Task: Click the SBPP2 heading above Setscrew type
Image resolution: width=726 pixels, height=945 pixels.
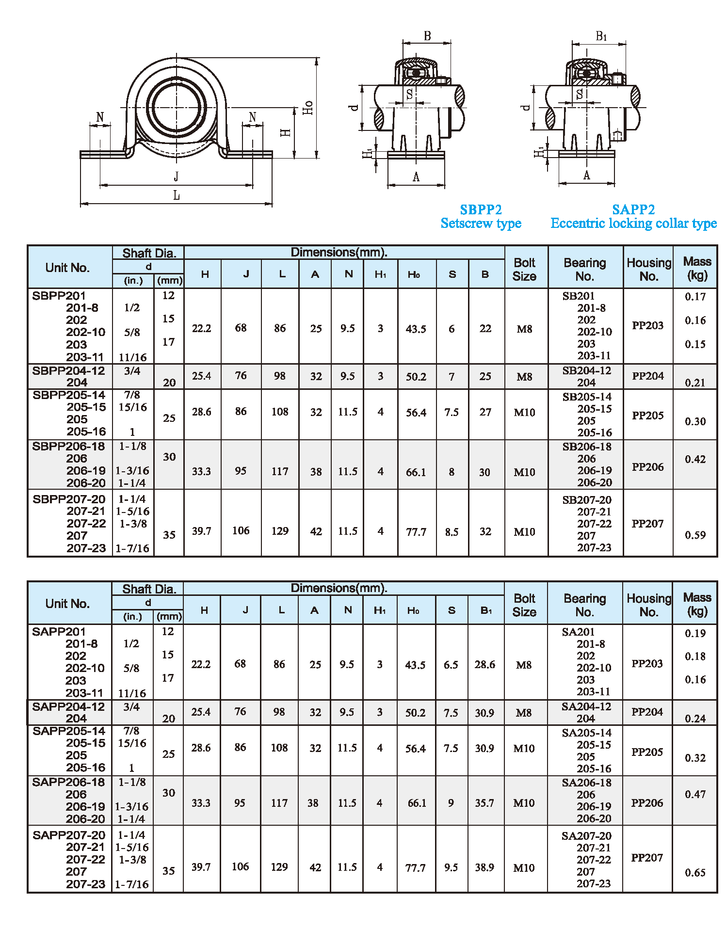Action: click(x=481, y=209)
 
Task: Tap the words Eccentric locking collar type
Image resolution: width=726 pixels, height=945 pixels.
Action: click(x=633, y=223)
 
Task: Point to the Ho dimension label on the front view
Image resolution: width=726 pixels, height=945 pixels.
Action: click(x=308, y=107)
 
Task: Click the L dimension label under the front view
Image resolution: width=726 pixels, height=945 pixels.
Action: click(x=177, y=195)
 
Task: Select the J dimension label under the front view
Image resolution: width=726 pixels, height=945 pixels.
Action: click(x=176, y=176)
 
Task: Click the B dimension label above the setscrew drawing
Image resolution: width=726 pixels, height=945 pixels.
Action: click(x=427, y=36)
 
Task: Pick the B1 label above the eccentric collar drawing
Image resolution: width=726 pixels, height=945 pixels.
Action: click(x=601, y=36)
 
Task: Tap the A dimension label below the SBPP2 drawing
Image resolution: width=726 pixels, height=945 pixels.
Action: click(x=416, y=177)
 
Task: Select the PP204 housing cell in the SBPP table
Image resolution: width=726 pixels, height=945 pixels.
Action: click(x=647, y=376)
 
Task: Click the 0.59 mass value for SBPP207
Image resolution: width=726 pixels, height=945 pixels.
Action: click(x=695, y=535)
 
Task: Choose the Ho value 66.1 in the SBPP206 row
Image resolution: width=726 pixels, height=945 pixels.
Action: click(x=416, y=472)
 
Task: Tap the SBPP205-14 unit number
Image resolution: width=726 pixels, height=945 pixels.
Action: click(x=69, y=395)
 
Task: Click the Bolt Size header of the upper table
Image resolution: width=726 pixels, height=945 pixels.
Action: click(x=524, y=269)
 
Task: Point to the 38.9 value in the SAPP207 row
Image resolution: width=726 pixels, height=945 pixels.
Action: click(x=484, y=867)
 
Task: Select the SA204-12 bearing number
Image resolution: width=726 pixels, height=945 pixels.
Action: click(x=586, y=706)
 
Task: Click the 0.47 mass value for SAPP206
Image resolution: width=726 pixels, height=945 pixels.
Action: click(x=695, y=794)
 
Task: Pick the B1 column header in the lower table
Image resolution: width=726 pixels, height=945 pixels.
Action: click(x=486, y=610)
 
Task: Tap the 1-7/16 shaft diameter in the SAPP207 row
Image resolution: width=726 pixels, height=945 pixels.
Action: click(x=132, y=884)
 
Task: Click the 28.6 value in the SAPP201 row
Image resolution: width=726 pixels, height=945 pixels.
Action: click(x=484, y=664)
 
